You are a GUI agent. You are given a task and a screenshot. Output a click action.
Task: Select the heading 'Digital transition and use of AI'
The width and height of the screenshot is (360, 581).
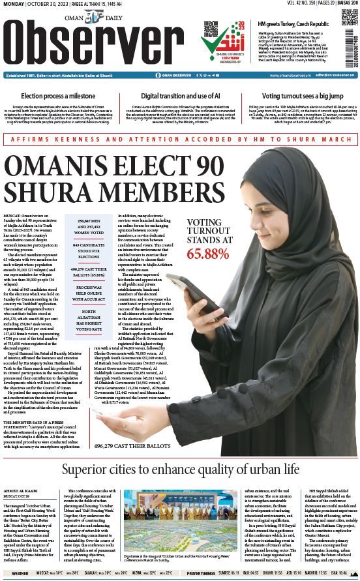(x=181, y=96)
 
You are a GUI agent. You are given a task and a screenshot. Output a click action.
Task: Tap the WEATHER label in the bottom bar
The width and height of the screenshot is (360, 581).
(x=20, y=574)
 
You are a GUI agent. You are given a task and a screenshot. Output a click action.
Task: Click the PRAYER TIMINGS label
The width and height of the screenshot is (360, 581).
(x=204, y=574)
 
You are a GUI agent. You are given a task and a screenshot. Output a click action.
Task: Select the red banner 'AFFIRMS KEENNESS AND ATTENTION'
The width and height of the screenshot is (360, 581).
(x=179, y=138)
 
